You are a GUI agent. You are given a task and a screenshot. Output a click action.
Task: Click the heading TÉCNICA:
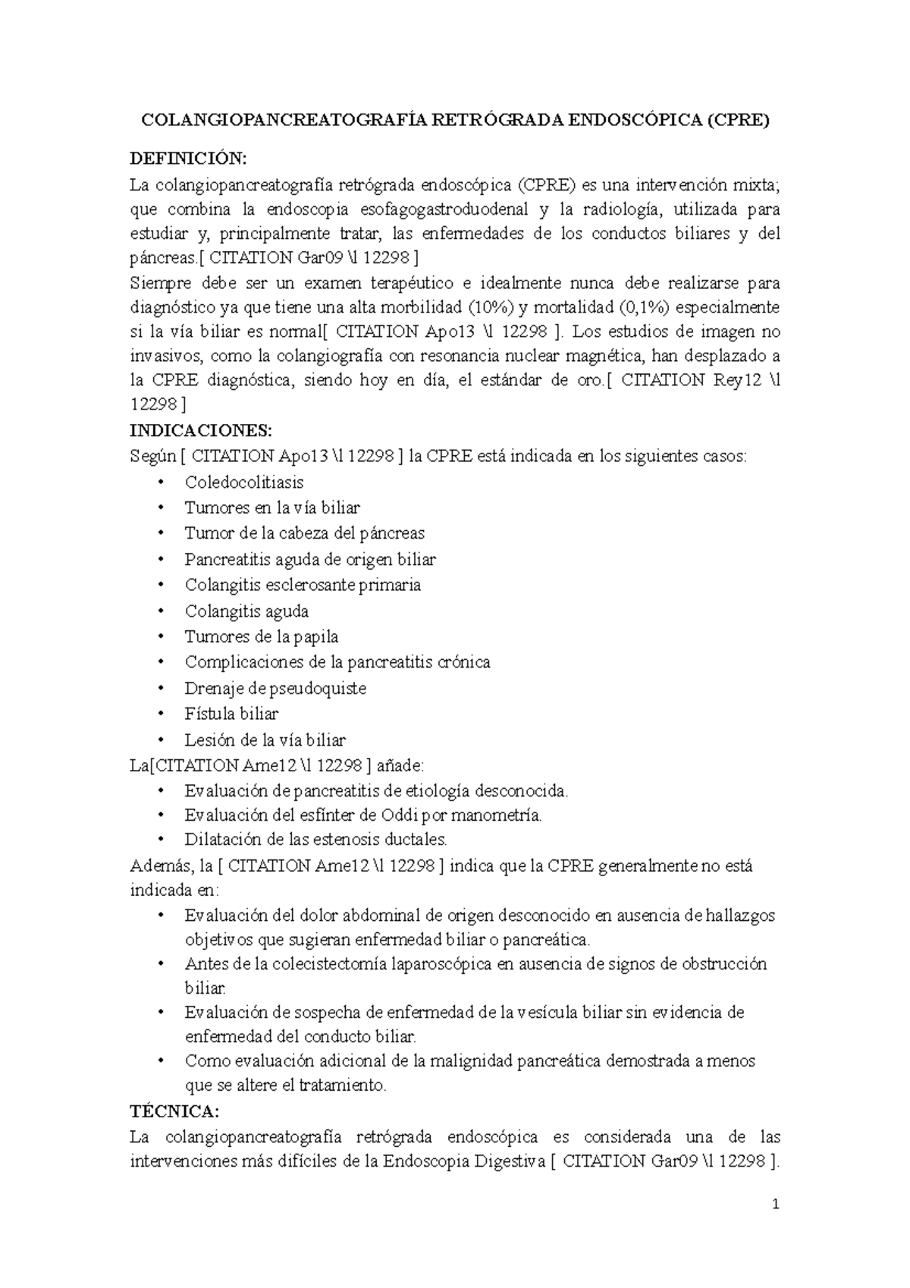[174, 1111]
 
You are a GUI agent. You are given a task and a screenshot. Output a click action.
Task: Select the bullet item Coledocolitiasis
[244, 482]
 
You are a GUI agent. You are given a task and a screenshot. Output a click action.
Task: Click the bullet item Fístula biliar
[231, 714]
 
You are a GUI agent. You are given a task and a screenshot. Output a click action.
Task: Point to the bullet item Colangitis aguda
[246, 611]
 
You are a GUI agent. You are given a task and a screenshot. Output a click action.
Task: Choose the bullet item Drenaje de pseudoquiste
[275, 688]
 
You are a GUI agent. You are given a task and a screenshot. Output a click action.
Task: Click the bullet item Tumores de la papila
[262, 636]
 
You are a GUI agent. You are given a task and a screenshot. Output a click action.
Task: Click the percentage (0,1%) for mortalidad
[644, 307]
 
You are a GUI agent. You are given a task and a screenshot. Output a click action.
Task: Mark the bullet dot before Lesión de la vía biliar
[161, 740]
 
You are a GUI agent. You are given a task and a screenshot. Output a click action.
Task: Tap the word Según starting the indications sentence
[152, 456]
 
